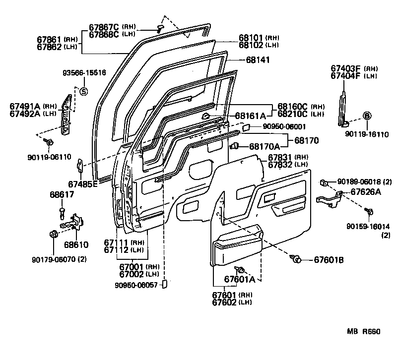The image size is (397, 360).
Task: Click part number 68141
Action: pos(259,60)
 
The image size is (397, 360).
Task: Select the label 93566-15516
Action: pos(84,73)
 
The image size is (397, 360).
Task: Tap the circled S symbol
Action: pos(83,91)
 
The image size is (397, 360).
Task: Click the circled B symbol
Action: pos(367,116)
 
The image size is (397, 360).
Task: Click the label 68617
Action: pos(62,194)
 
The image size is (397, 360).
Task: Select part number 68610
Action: pos(75,244)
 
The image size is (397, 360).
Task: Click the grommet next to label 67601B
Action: pos(296,259)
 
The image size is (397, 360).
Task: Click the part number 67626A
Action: pos(366,191)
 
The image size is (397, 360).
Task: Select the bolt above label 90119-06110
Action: pos(49,142)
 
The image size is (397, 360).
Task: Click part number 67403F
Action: pos(346,68)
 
